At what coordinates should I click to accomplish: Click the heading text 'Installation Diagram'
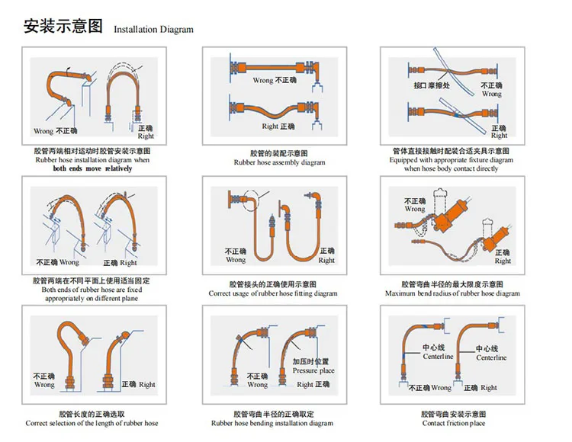(153, 30)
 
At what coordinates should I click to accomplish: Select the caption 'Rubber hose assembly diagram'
(279, 162)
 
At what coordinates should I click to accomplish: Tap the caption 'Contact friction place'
(455, 423)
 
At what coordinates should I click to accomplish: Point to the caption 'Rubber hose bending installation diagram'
(272, 423)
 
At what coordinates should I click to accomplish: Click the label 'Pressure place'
(313, 370)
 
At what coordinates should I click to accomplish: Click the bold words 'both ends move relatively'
(92, 168)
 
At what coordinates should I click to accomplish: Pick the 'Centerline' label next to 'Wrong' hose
(438, 356)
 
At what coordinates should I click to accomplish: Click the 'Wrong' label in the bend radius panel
(415, 208)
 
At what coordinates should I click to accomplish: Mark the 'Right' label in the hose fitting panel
(326, 260)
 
